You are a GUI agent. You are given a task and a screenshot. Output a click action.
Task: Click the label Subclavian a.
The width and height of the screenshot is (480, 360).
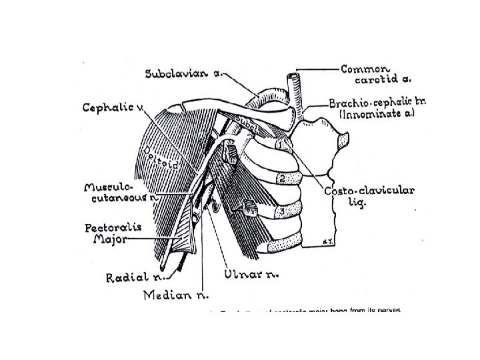tap(185, 73)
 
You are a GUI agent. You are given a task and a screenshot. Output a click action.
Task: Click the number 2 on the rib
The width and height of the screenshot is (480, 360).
tap(283, 179)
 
